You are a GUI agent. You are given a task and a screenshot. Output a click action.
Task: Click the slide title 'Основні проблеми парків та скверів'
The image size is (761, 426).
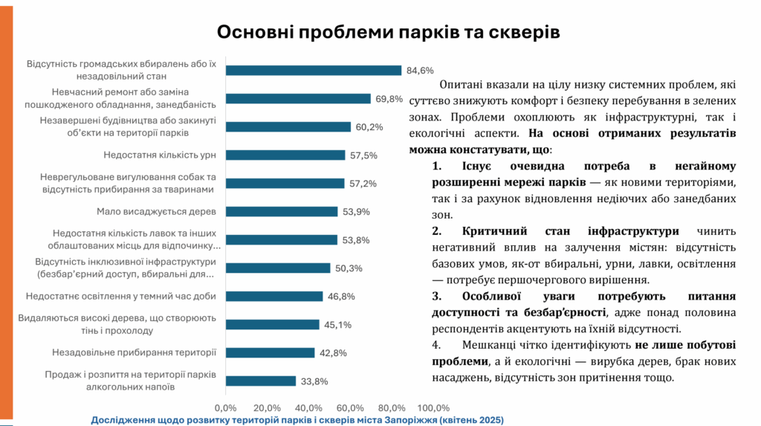pyautogui.click(x=388, y=32)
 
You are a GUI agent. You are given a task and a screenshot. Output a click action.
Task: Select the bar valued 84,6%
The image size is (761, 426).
pyautogui.click(x=313, y=71)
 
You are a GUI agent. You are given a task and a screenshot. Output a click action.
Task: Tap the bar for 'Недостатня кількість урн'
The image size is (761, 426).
pyautogui.click(x=285, y=155)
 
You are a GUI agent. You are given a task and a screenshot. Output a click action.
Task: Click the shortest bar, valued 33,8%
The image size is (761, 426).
pyautogui.click(x=260, y=381)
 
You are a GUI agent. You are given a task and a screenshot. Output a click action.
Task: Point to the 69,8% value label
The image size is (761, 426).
pyautogui.click(x=389, y=99)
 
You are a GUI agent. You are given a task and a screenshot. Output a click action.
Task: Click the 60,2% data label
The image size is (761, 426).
pyautogui.click(x=369, y=127)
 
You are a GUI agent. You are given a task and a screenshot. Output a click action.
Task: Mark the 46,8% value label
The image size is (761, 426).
pyautogui.click(x=341, y=297)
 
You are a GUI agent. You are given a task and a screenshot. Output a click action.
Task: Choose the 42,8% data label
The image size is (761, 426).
pyautogui.click(x=333, y=353)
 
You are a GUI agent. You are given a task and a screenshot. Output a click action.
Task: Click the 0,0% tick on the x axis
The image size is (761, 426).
pyautogui.click(x=225, y=407)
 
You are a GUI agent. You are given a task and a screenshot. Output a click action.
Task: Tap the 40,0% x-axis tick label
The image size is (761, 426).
pyautogui.click(x=308, y=407)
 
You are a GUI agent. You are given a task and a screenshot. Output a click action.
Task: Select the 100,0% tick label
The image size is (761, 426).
pyautogui.click(x=433, y=407)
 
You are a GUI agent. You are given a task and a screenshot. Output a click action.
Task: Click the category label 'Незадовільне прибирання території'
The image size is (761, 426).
pyautogui.click(x=134, y=352)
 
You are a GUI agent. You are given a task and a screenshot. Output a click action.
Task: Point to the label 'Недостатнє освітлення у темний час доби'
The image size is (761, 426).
pyautogui.click(x=120, y=296)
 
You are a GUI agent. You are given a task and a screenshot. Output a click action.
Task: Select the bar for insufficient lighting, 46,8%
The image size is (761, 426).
pyautogui.click(x=273, y=297)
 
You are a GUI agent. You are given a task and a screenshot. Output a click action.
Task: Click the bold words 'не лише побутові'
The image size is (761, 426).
pyautogui.click(x=685, y=345)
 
